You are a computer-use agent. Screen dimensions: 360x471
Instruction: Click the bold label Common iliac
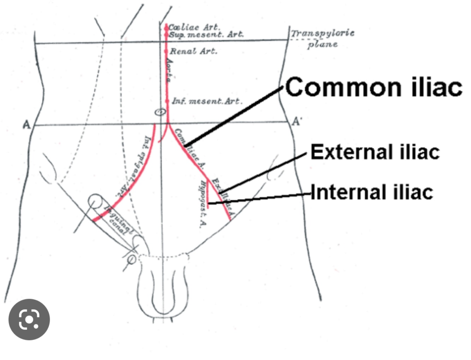pos(374,87)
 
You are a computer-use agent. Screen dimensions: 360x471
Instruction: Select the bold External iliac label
pos(375,152)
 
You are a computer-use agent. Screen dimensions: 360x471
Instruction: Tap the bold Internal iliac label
pos(372,193)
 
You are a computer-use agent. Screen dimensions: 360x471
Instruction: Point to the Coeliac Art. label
pos(194,27)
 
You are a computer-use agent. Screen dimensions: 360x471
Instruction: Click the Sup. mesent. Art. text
pos(206,35)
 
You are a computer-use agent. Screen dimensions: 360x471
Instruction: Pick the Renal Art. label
pos(193,51)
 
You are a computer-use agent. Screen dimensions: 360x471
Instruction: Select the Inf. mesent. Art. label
pos(207,101)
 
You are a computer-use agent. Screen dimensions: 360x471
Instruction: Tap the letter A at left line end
pos(26,125)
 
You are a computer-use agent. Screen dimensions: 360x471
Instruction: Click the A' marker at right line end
pos(297,122)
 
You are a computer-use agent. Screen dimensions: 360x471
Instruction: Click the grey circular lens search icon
pos(29,319)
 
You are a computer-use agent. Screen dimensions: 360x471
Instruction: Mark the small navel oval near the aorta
pos(160,112)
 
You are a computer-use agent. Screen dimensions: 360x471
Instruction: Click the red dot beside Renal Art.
pos(166,52)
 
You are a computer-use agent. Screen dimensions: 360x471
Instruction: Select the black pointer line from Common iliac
pos(233,116)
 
